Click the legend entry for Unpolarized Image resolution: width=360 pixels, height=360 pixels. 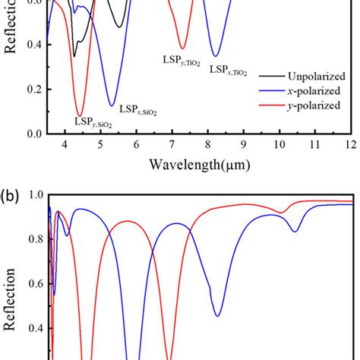pos(315,77)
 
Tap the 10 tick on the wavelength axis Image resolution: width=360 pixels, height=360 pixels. pos(279,144)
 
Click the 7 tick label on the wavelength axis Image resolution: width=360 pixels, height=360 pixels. pos(172,144)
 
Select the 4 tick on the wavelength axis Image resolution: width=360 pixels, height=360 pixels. pos(65,144)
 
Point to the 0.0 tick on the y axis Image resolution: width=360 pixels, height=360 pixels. pos(33,134)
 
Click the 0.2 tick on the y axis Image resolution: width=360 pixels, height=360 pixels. pos(33,89)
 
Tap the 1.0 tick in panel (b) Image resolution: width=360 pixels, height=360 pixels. pos(33,194)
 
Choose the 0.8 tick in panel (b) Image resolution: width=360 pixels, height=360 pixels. pos(33,239)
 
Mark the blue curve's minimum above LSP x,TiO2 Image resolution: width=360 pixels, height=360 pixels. pos(216,55)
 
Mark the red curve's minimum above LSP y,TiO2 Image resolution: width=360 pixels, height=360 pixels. pos(182,47)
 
